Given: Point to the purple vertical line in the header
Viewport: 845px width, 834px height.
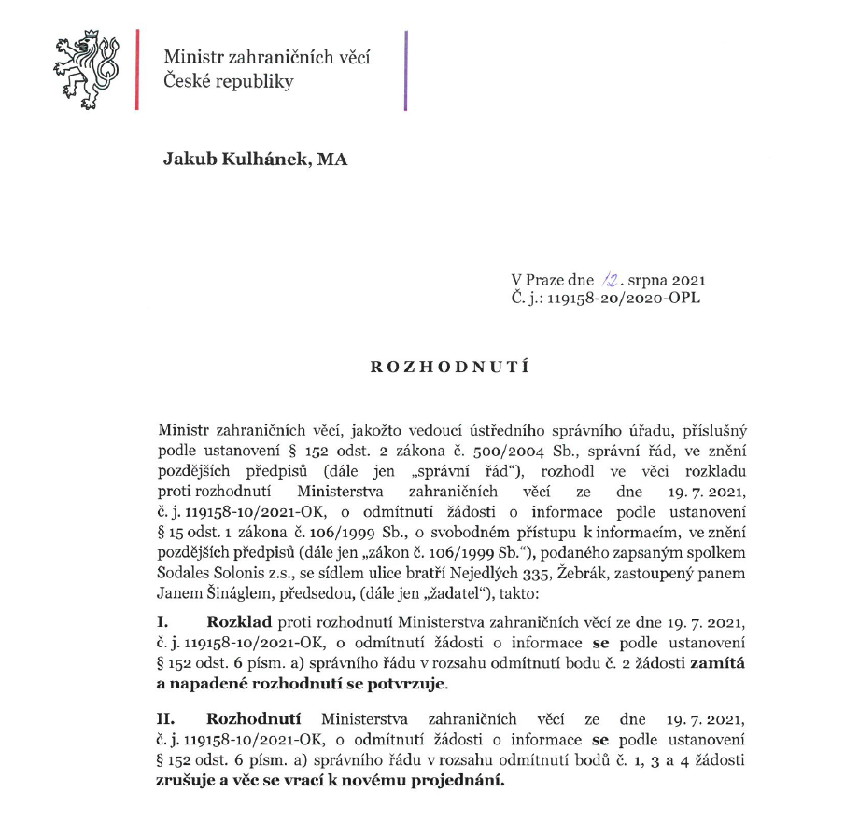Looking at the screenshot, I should pos(406,70).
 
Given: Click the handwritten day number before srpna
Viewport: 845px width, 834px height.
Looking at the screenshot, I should pos(610,280).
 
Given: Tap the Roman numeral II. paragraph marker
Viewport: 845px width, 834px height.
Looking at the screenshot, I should pos(169,719).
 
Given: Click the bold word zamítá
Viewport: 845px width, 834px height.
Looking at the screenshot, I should pos(718,661).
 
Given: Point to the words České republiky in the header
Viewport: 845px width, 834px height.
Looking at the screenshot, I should pos(229,81).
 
